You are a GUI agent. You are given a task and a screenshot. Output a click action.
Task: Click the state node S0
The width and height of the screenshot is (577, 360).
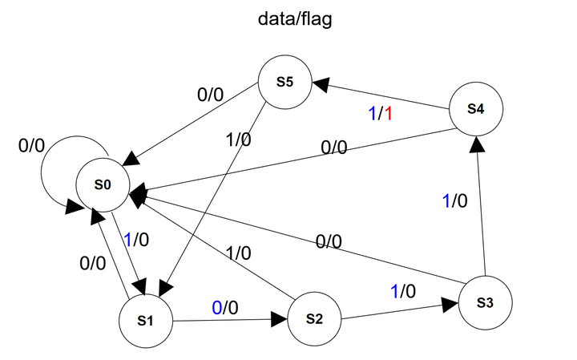click(103, 184)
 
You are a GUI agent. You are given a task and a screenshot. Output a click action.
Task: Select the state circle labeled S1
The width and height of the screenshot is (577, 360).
click(145, 320)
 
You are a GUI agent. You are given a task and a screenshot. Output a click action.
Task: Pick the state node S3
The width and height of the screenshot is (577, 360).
click(484, 302)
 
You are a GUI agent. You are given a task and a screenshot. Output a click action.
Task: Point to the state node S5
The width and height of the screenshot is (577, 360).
click(284, 82)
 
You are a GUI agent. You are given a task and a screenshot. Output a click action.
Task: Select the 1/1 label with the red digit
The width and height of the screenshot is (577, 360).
click(380, 115)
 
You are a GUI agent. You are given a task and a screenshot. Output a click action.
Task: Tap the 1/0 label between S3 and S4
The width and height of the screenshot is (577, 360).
click(454, 200)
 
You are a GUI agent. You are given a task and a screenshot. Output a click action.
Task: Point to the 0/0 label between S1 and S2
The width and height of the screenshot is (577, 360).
click(225, 307)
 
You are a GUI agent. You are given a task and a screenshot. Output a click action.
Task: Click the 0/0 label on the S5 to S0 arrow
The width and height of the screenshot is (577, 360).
click(212, 94)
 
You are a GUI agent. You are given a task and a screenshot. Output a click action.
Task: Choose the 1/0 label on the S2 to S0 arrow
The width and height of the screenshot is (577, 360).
click(237, 253)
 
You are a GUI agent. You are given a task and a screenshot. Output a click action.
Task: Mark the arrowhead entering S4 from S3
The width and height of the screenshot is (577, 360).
click(478, 144)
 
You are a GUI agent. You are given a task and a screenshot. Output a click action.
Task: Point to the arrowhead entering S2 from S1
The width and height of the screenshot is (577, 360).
click(278, 320)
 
